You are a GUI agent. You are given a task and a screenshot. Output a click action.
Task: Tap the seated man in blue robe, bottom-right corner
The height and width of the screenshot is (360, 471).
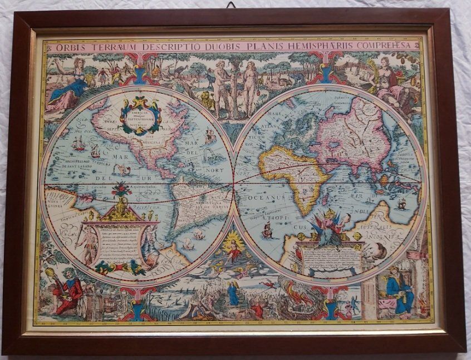pyautogui.click(x=399, y=289)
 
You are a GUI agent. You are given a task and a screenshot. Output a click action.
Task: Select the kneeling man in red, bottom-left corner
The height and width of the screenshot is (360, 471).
pyautogui.click(x=69, y=289)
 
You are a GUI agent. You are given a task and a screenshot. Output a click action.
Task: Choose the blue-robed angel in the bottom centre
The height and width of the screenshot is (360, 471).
pyautogui.click(x=233, y=293)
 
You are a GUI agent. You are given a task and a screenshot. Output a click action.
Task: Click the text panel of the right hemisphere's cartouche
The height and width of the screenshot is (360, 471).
pyautogui.click(x=328, y=257)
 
